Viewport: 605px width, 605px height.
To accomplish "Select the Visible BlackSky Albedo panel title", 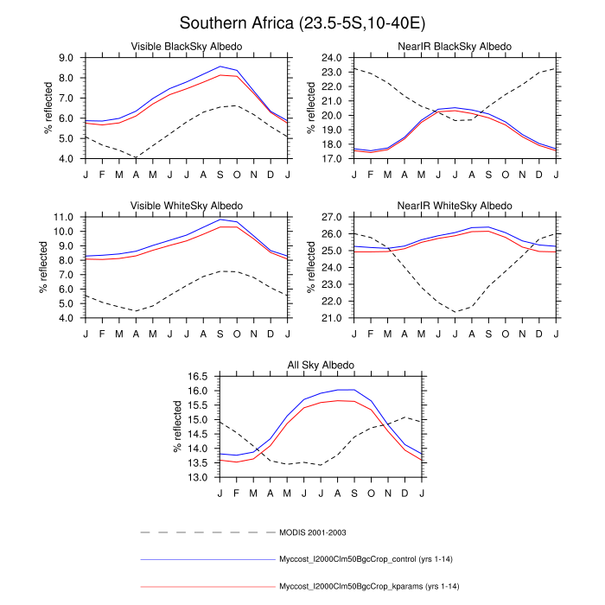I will [186, 46].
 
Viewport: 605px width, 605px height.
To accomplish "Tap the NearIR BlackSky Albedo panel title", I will [455, 46].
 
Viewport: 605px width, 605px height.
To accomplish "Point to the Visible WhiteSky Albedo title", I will [186, 205].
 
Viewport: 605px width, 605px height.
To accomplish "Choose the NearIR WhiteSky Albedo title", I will [455, 205].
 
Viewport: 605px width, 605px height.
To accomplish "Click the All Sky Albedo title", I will [321, 365].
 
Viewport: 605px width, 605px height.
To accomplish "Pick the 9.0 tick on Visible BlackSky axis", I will [67, 58].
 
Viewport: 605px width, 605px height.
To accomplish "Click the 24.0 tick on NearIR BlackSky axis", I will [334, 58].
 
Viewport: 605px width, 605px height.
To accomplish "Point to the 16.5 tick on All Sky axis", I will [200, 377].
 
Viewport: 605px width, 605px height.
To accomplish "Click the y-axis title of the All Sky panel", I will [179, 427].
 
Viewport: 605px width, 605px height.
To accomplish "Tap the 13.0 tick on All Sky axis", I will [200, 477].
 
